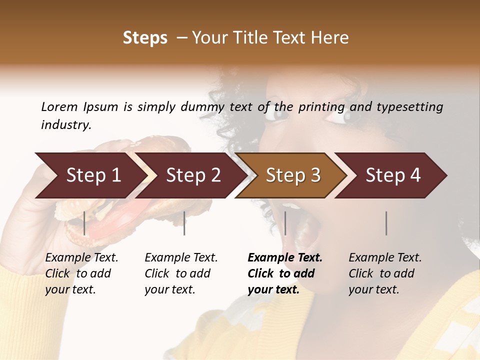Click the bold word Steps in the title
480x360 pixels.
(x=145, y=38)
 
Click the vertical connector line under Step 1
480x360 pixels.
(x=84, y=223)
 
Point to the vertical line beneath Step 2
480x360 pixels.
(x=184, y=223)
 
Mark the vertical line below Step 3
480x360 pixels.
(x=285, y=223)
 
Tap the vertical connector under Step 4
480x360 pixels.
(x=386, y=223)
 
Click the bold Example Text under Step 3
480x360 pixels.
(x=285, y=257)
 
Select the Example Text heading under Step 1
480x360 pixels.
(x=81, y=257)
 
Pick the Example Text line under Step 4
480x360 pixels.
(x=385, y=257)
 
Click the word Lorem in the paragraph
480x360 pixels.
(x=59, y=106)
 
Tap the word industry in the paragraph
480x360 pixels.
(x=65, y=125)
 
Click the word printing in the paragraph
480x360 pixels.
(x=321, y=107)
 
